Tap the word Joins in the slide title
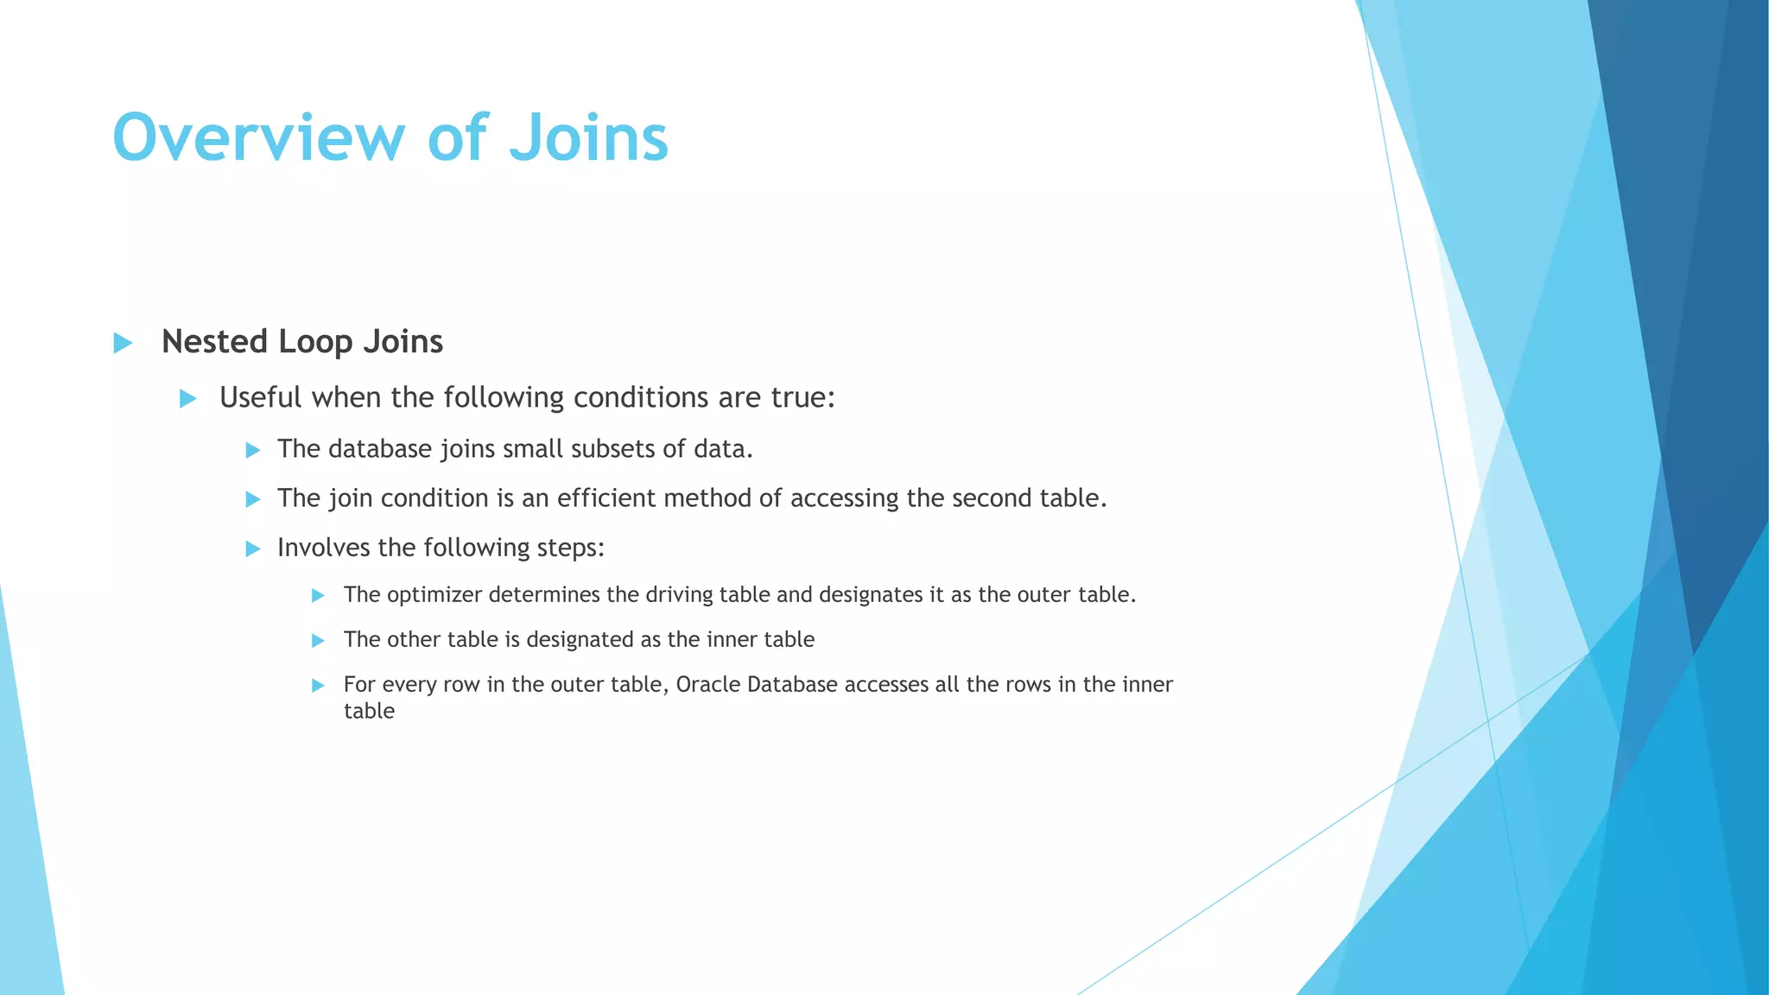click(588, 138)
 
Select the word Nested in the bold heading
click(215, 342)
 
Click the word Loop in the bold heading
click(316, 342)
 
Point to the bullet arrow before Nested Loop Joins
click(123, 343)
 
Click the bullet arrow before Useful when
click(187, 399)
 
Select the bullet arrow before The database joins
click(253, 450)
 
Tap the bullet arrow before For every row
click(318, 686)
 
